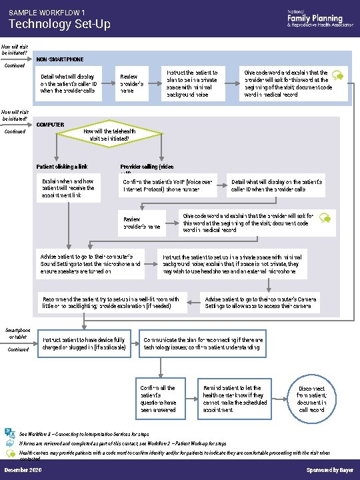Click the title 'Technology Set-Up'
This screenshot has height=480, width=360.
(59, 25)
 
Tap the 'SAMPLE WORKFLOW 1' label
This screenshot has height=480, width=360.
(47, 13)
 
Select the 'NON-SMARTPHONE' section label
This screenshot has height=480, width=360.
(61, 59)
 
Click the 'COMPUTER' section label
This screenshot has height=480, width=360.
(50, 125)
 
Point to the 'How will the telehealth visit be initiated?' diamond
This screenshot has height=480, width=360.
(110, 136)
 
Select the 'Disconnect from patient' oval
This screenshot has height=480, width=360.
(311, 399)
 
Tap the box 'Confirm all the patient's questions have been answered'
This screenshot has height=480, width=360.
(159, 399)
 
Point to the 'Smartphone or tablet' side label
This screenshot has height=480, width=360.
(17, 333)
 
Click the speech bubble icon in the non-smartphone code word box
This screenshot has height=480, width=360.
(337, 76)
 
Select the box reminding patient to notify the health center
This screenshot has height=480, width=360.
(233, 399)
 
